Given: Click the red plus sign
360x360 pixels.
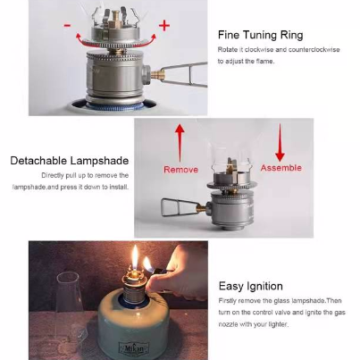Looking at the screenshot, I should click(x=163, y=25).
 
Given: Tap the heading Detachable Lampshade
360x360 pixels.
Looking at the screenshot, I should click(x=70, y=161).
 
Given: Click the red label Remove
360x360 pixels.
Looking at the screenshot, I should click(x=180, y=168).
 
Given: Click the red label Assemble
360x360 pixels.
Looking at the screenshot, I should click(x=280, y=167).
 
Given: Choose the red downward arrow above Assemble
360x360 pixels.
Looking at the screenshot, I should click(x=280, y=142).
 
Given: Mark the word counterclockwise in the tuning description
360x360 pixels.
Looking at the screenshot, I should click(x=303, y=50).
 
